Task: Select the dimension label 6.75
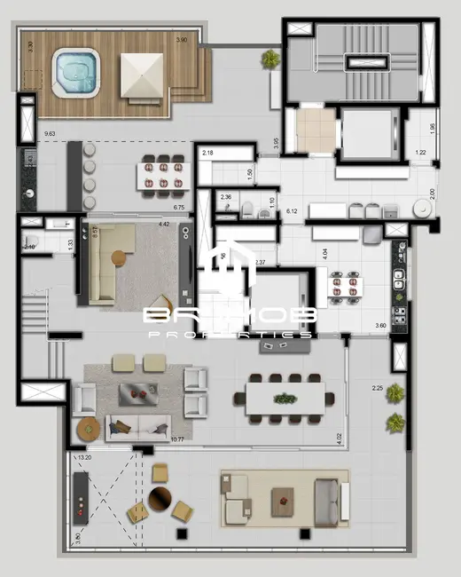[178, 208]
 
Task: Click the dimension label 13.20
[85, 458]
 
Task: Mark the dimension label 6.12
[292, 211]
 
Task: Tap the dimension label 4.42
[164, 225]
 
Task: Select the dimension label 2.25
[378, 388]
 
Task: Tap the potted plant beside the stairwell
[270, 59]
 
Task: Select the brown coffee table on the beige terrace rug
[283, 497]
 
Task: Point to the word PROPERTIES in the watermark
[230, 335]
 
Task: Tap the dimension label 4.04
[325, 253]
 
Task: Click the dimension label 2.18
[208, 154]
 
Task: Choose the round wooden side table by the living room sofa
[87, 429]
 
